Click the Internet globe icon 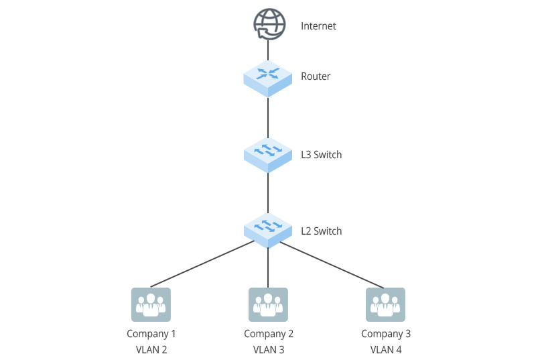[268, 24]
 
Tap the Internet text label [318, 26]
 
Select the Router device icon [268, 76]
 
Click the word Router [316, 76]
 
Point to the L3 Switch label [322, 155]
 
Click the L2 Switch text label [322, 231]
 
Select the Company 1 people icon [151, 305]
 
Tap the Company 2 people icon [268, 305]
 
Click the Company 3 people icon [385, 305]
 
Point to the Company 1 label [151, 334]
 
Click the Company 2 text [269, 334]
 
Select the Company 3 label [386, 334]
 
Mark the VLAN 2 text [151, 349]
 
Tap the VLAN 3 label [269, 349]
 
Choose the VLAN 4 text [386, 349]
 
